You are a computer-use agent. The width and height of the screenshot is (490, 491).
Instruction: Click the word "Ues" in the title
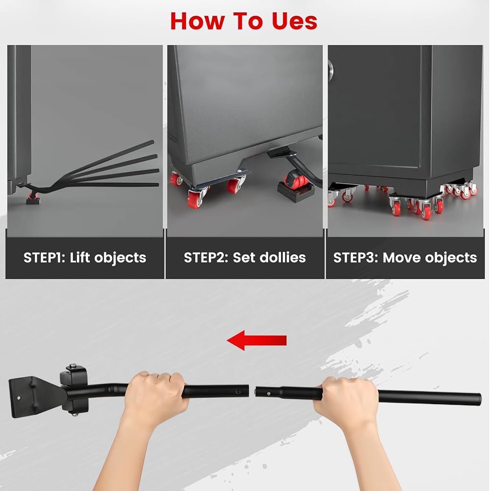pyautogui.click(x=294, y=21)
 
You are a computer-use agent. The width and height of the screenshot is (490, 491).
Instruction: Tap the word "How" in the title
pyautogui.click(x=198, y=21)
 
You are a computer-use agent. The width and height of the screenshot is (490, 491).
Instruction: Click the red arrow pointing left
pyautogui.click(x=257, y=340)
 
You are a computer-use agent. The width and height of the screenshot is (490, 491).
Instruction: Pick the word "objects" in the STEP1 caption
pyautogui.click(x=120, y=258)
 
